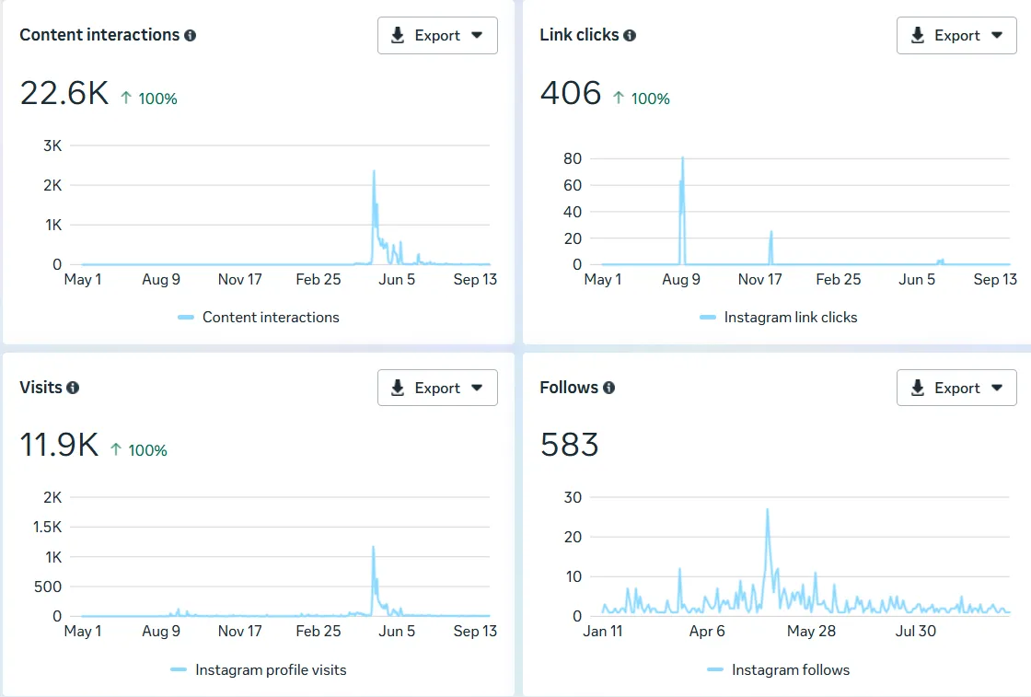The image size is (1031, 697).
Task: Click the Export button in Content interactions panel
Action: click(x=437, y=35)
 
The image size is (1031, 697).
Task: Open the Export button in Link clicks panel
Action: click(x=956, y=35)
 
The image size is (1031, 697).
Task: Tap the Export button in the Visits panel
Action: click(x=437, y=388)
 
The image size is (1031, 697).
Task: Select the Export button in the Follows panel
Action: click(x=956, y=388)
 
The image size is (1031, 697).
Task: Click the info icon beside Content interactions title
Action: click(x=191, y=35)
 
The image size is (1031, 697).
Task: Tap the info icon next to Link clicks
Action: click(x=630, y=35)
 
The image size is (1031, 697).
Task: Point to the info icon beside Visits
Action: click(x=73, y=388)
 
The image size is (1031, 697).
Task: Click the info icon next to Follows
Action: click(x=608, y=388)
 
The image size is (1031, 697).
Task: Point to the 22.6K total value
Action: click(x=64, y=93)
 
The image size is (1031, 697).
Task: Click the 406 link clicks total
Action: click(x=571, y=93)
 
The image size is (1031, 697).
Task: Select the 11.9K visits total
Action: click(x=59, y=446)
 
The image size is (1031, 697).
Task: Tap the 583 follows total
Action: click(x=570, y=446)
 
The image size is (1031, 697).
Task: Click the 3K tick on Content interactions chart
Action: click(x=52, y=145)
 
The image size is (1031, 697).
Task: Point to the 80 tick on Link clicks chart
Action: click(x=573, y=158)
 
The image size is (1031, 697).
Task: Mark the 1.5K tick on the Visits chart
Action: click(x=46, y=527)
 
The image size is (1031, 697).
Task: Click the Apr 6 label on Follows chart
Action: click(x=707, y=631)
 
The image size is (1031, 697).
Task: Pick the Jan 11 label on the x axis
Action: click(x=603, y=631)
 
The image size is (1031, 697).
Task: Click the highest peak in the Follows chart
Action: click(x=767, y=510)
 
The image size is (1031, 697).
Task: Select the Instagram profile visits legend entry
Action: click(x=271, y=670)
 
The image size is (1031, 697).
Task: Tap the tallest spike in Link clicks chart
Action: click(x=682, y=158)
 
